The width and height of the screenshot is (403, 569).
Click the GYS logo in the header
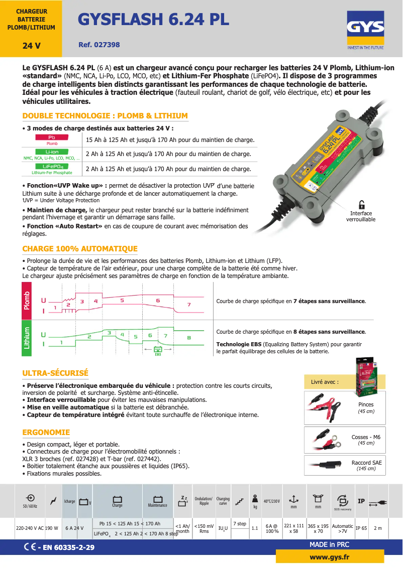(365, 32)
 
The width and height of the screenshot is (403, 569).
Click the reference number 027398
(99, 45)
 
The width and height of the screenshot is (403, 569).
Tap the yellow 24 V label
(31, 46)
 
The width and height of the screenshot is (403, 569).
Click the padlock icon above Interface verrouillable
(361, 204)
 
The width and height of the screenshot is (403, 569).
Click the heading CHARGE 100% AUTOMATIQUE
(80, 249)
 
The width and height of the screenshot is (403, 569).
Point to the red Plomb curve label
(27, 301)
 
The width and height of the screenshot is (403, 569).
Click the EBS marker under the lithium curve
(158, 350)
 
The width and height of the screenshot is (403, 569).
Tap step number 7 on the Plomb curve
(188, 305)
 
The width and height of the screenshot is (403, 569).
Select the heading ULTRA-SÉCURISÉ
(55, 373)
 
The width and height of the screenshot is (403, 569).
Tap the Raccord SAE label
(366, 463)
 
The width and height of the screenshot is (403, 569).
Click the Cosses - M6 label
(366, 437)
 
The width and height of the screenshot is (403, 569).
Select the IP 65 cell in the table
(361, 528)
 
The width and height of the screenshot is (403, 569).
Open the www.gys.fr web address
(330, 557)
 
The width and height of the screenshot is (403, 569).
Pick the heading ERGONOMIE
(46, 433)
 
